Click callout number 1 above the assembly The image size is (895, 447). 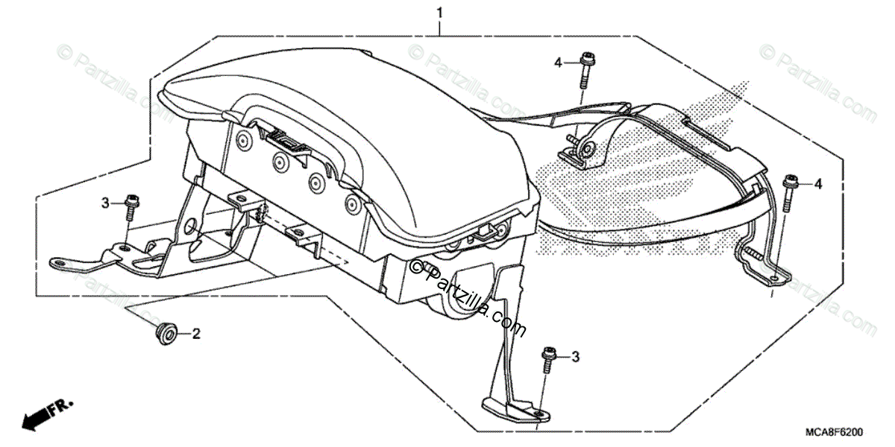pos(439,13)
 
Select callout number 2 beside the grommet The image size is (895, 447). pos(197,335)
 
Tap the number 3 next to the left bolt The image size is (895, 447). pos(106,203)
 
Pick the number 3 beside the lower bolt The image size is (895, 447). pos(575,358)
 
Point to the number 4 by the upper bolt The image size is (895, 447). pos(557,63)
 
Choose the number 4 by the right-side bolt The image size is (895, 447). pos(818,183)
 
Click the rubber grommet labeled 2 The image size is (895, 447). pos(165,334)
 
